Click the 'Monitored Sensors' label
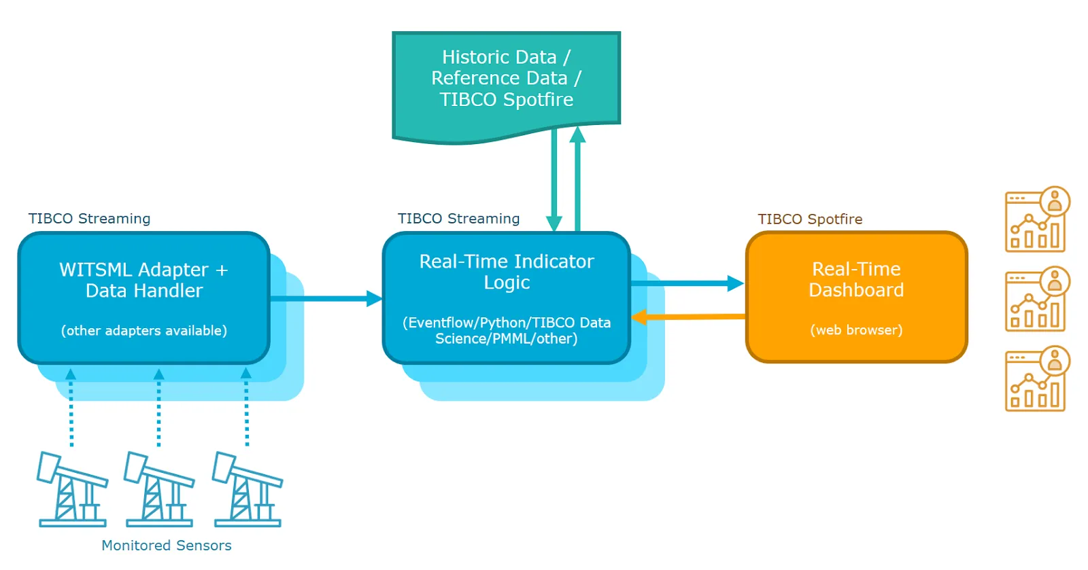(166, 546)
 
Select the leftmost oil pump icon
(72, 489)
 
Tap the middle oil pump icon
(159, 489)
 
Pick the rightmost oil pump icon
(248, 489)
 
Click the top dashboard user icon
(1037, 219)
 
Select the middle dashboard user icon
(1037, 299)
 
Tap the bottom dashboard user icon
(1037, 379)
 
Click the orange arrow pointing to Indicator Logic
(687, 317)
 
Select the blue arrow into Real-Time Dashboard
(687, 283)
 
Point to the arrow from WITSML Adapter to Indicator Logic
(326, 298)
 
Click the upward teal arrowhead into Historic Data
(577, 135)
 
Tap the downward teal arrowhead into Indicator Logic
(554, 224)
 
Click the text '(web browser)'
(856, 330)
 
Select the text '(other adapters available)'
(143, 330)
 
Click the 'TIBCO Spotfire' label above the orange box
(810, 219)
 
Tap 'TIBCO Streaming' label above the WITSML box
(89, 218)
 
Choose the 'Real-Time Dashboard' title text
(856, 279)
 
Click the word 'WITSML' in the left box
(96, 269)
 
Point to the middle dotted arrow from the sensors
(159, 407)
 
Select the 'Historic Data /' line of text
(506, 57)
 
